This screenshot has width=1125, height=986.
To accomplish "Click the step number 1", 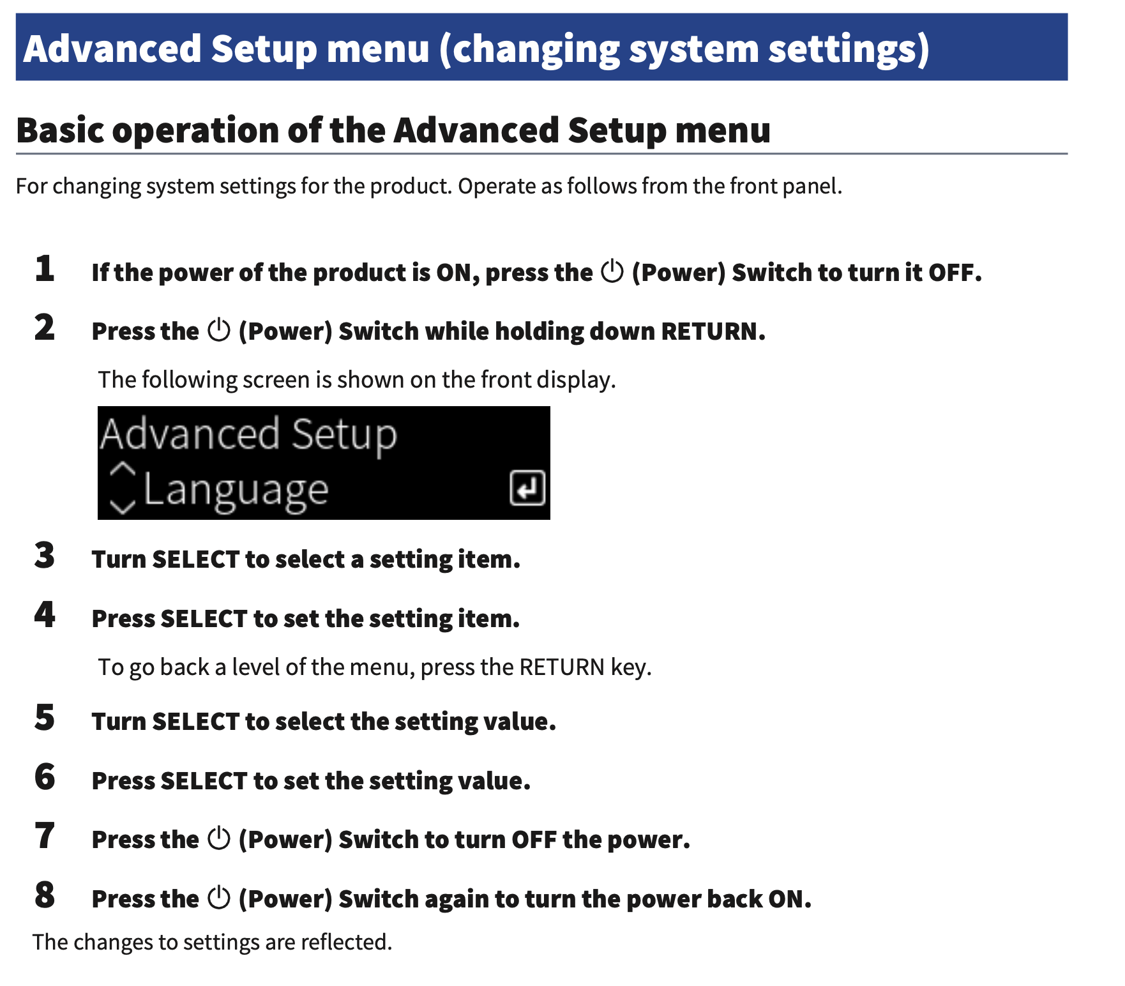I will pos(45,269).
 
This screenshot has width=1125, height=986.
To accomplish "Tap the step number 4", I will pos(45,615).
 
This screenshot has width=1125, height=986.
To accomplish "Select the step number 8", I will pos(45,895).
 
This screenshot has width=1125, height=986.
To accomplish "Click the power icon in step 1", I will pos(612,271).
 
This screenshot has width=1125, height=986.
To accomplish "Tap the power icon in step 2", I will pos(219,330).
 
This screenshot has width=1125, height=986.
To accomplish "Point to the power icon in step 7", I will pos(219,838).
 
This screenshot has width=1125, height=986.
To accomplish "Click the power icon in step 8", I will pos(219,898).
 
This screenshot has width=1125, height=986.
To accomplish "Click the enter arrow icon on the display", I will pos(527,489).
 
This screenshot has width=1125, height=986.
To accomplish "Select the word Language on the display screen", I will pos(236,491).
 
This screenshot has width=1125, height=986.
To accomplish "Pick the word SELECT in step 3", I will pos(195,559).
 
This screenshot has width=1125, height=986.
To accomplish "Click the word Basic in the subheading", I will pos(60,130).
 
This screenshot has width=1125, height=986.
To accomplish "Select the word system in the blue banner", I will pos(693,49).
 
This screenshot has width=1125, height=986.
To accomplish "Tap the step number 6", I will pos(45,777).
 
